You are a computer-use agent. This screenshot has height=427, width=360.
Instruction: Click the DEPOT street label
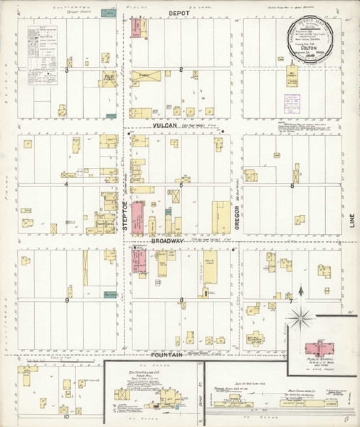[x=177, y=13]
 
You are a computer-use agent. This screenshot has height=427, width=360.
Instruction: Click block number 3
[x=67, y=70]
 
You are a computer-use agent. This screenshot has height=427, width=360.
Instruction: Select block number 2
[x=181, y=69]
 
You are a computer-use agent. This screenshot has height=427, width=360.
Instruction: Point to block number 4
[x=66, y=185]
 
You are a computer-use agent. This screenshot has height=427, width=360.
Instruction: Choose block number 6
[x=292, y=185]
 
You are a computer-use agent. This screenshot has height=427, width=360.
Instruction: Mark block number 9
[x=67, y=300]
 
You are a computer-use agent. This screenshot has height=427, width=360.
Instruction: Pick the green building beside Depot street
[x=110, y=13]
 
